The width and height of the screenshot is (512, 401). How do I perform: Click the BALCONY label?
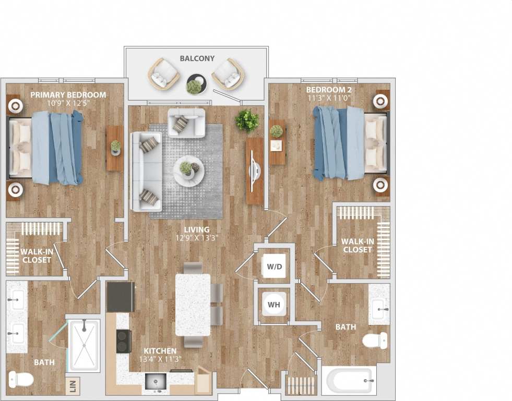(x=197, y=58)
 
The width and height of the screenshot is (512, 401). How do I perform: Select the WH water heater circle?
(x=274, y=304)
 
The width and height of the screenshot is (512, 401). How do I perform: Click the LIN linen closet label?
(x=73, y=387)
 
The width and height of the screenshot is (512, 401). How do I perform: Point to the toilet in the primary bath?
(x=21, y=379)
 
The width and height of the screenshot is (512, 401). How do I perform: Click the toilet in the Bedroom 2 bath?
(x=375, y=341)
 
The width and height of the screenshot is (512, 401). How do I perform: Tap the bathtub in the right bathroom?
(x=347, y=381)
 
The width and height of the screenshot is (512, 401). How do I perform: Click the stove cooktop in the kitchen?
(x=123, y=341)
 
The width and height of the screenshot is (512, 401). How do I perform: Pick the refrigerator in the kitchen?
(x=121, y=297)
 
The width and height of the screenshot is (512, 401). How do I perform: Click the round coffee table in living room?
(x=189, y=171)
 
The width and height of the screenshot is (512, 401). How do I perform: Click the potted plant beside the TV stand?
(x=247, y=121)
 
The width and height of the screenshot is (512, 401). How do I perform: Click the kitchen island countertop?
(x=193, y=305)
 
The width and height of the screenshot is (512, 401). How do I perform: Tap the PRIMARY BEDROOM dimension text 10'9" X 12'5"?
(x=68, y=103)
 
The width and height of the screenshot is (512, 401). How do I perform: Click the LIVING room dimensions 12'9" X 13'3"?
(x=196, y=238)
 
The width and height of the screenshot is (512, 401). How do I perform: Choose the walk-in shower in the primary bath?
(x=84, y=345)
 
